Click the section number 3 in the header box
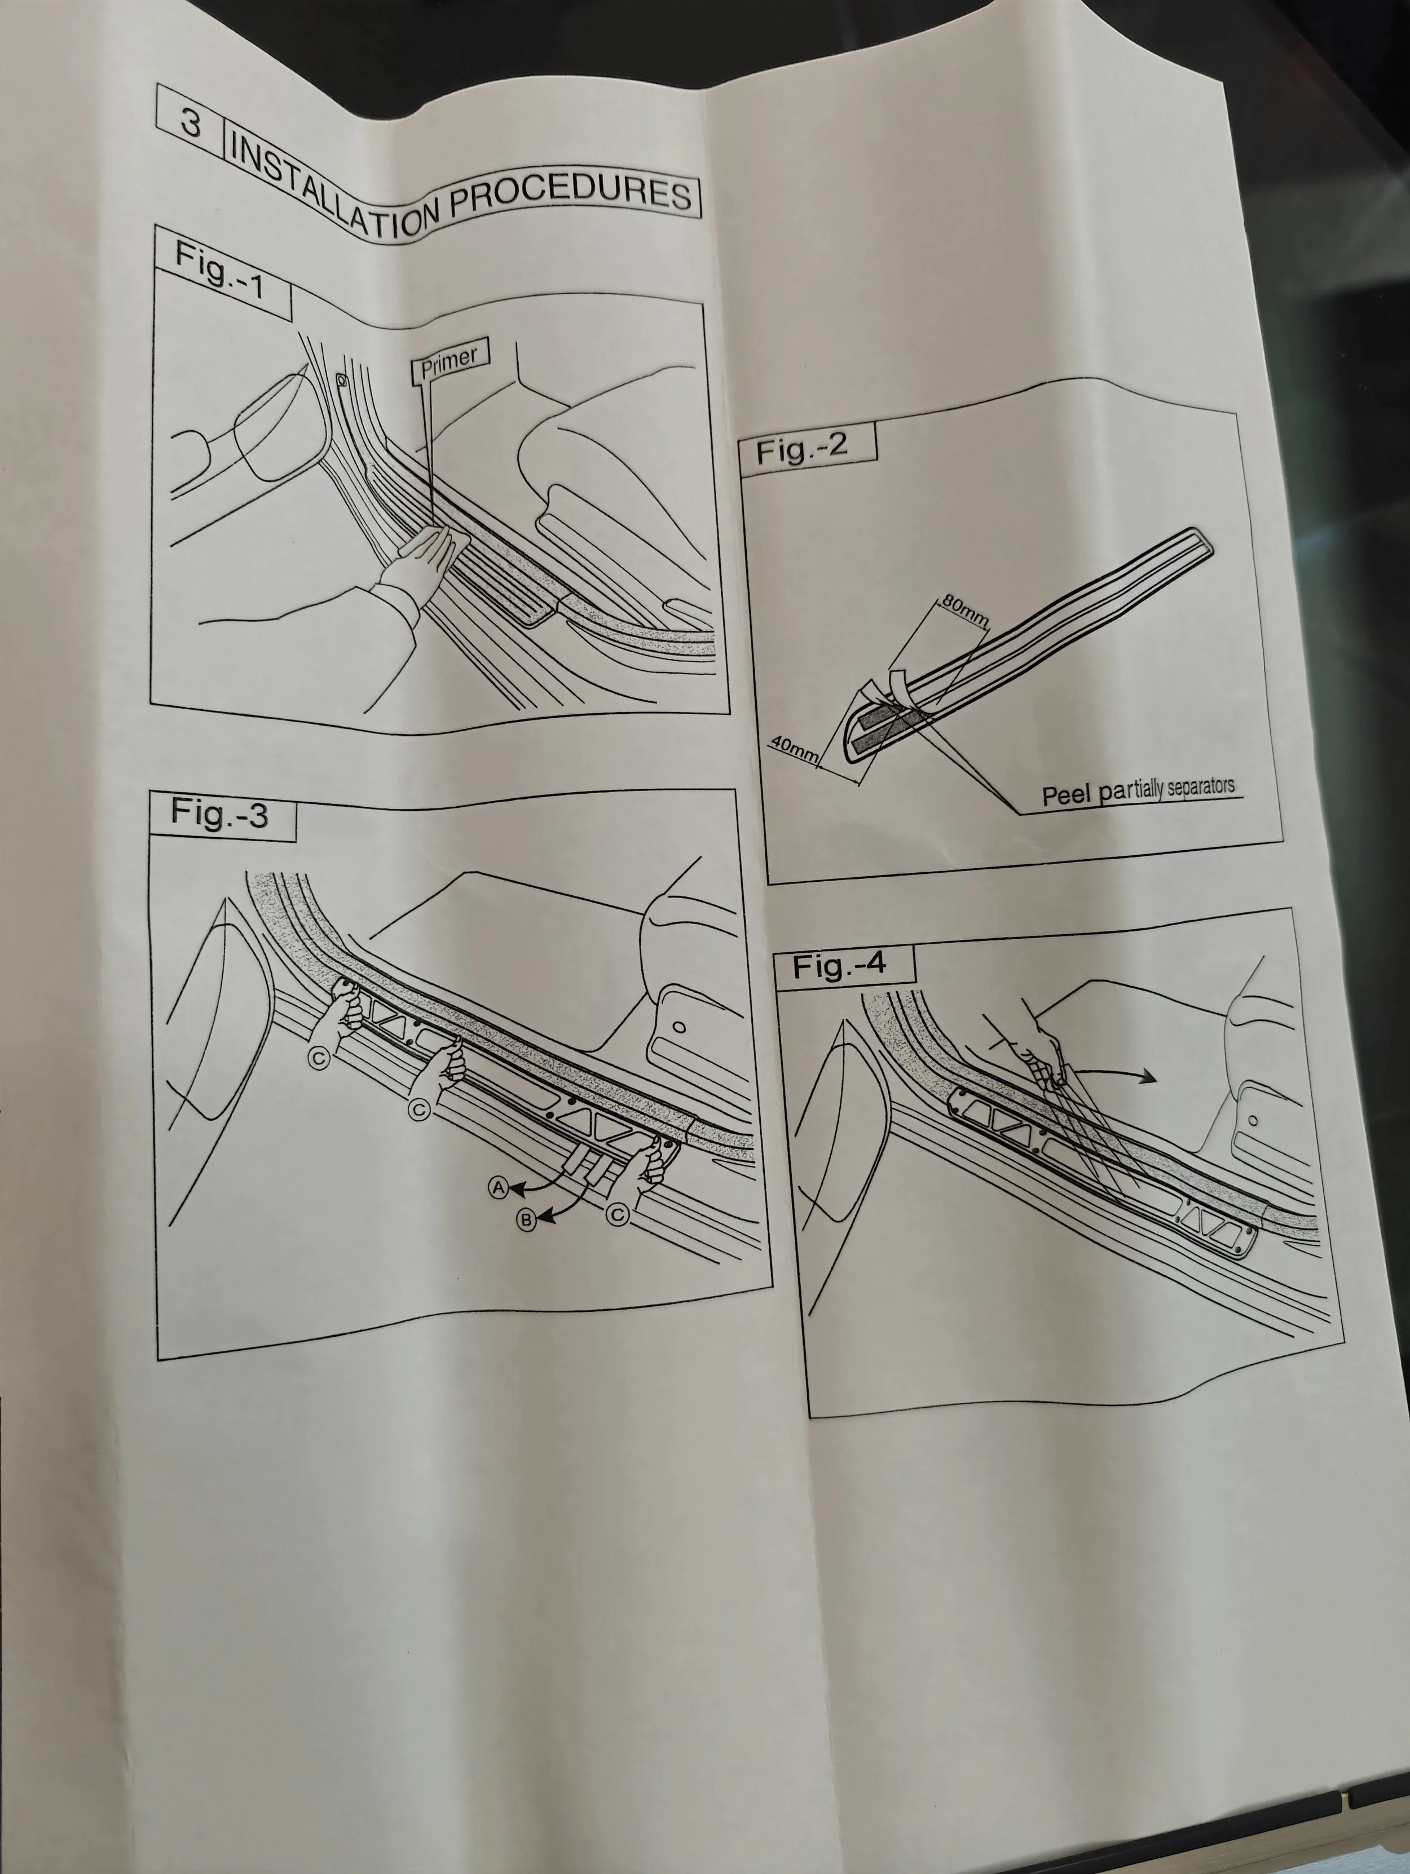[x=191, y=123]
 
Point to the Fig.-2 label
[x=801, y=448]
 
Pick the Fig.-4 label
[x=839, y=966]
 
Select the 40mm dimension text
[x=794, y=747]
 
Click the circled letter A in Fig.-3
[x=499, y=1188]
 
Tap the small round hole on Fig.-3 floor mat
[x=678, y=1028]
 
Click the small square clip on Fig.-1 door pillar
[x=341, y=381]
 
